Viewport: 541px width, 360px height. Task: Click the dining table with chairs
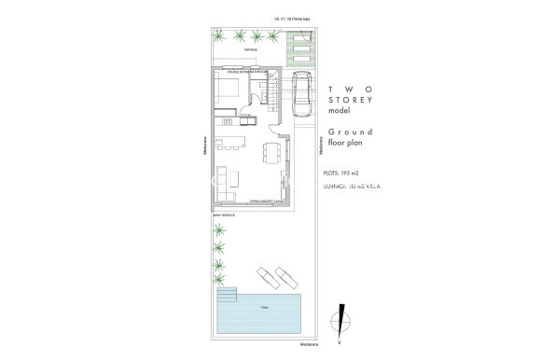pyautogui.click(x=272, y=151)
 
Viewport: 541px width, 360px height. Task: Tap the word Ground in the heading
pyautogui.click(x=350, y=134)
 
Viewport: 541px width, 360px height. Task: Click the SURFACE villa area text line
pyautogui.click(x=352, y=187)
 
